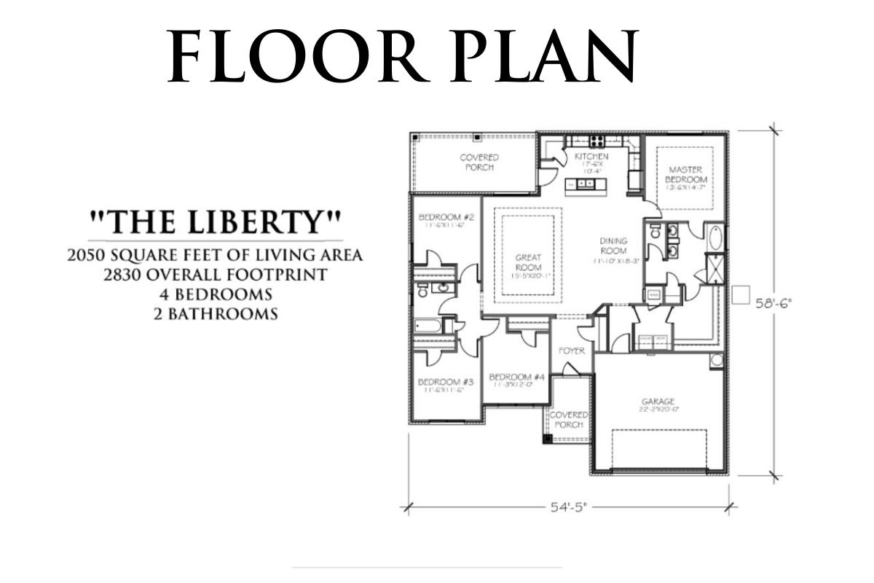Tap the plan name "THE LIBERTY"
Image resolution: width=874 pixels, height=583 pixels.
215,222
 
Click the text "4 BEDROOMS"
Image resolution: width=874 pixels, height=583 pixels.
216,295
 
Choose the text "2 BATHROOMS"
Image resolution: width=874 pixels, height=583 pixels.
216,315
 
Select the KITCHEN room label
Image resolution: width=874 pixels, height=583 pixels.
591,157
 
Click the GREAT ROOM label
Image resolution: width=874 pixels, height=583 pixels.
527,262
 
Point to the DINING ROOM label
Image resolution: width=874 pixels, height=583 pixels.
614,246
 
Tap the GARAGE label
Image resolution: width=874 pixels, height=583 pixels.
658,402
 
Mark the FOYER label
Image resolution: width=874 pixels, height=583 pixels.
572,351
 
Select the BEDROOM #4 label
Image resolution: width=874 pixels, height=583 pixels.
517,377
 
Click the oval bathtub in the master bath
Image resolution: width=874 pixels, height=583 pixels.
715,239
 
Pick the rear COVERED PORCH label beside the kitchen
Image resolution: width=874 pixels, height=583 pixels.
479,162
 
